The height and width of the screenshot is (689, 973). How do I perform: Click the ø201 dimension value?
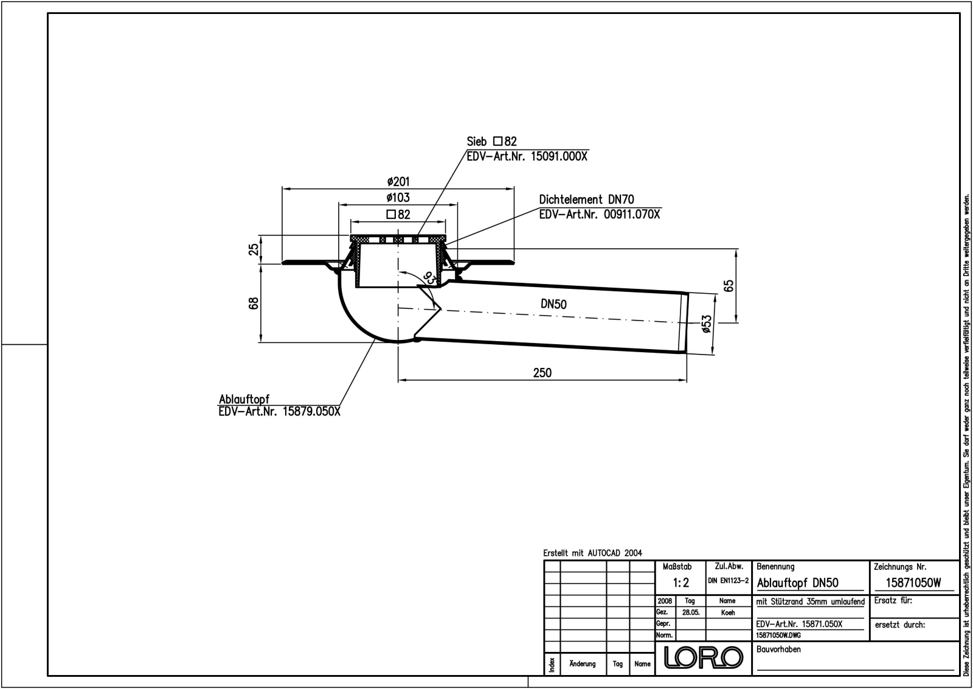pyautogui.click(x=398, y=182)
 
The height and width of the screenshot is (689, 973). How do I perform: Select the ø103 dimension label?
pyautogui.click(x=398, y=198)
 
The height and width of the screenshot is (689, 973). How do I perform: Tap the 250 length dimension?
pyautogui.click(x=542, y=372)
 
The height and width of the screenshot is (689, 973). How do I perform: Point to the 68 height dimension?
pyautogui.click(x=254, y=302)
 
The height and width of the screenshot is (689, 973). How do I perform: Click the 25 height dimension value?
pyautogui.click(x=254, y=249)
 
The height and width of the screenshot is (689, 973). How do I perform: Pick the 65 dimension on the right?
pyautogui.click(x=729, y=285)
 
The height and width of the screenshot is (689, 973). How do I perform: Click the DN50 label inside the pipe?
pyautogui.click(x=553, y=304)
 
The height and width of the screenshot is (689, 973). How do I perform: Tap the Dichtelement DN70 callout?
pyautogui.click(x=586, y=199)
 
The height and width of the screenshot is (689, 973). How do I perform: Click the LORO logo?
pyautogui.click(x=704, y=657)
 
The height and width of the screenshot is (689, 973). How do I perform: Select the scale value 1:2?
pyautogui.click(x=681, y=583)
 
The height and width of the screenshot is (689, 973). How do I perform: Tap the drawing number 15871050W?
pyautogui.click(x=913, y=583)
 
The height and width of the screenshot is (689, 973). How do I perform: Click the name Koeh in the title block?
pyautogui.click(x=727, y=613)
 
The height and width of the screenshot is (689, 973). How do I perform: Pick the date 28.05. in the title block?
pyautogui.click(x=690, y=613)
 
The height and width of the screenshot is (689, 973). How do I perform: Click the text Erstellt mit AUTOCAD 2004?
pyautogui.click(x=592, y=553)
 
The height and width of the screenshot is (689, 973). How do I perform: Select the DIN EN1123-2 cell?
pyautogui.click(x=727, y=581)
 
